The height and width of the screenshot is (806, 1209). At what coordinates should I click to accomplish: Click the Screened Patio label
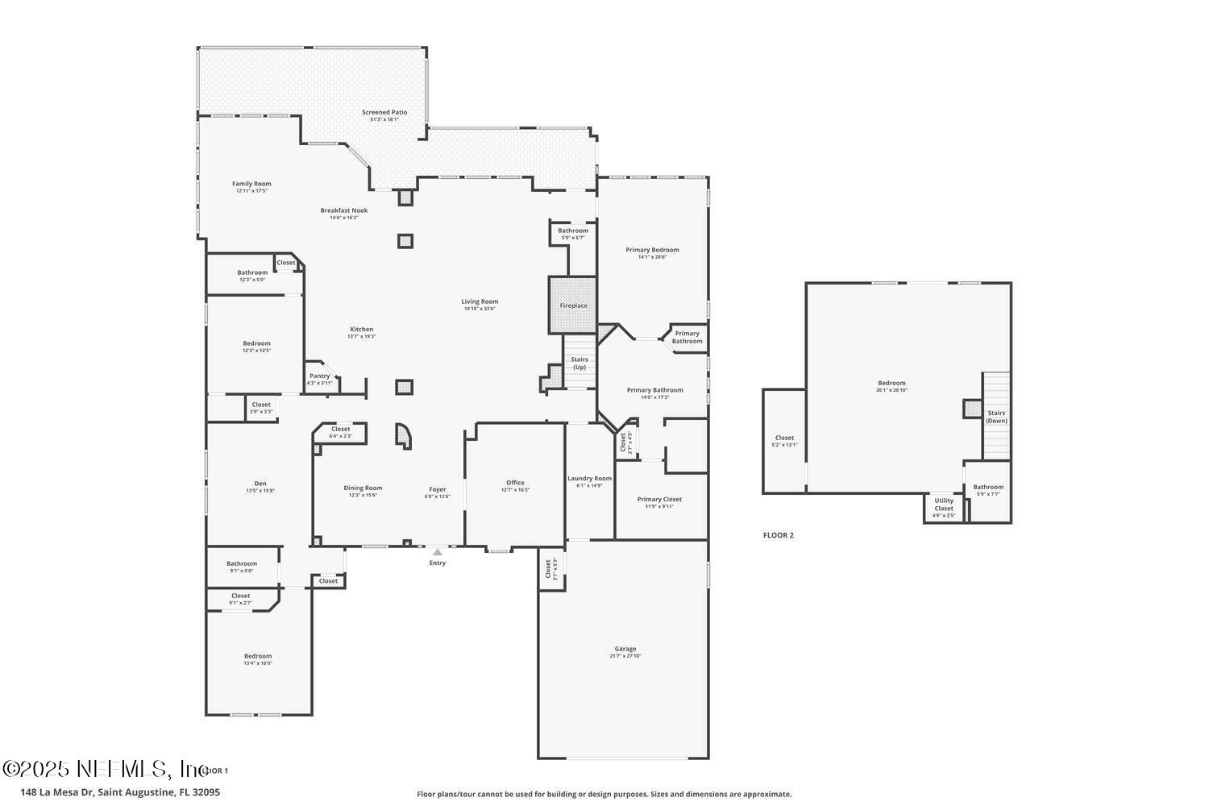pos(384,113)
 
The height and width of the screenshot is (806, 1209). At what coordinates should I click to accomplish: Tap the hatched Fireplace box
pos(573,305)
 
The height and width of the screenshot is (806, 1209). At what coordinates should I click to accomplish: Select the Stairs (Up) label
pos(579,364)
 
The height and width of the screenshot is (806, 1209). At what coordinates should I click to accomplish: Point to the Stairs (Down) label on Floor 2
pos(996,417)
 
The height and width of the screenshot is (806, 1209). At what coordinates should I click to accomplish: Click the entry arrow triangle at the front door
pos(437,552)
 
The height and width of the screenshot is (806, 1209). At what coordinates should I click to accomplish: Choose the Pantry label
pos(320,376)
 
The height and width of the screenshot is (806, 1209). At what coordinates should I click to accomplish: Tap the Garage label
pos(625,649)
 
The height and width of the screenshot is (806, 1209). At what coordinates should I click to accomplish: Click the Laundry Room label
pos(589,479)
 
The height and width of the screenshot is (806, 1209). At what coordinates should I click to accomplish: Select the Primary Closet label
pos(659,500)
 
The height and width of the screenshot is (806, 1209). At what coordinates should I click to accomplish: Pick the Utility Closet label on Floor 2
pos(944,505)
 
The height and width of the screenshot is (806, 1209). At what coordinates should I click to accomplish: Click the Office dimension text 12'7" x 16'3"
pos(515,490)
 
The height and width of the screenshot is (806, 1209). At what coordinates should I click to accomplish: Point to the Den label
pos(260,484)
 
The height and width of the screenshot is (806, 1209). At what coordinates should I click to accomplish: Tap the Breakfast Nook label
pos(344,210)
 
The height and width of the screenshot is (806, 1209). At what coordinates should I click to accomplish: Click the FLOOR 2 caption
pos(779,535)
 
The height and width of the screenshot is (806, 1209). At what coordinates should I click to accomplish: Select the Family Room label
pos(251,184)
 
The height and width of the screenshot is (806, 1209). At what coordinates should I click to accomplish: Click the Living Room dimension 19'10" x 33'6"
pos(480,309)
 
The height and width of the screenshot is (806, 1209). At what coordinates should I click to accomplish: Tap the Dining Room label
pos(363,488)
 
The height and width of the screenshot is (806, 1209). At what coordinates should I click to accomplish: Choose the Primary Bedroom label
pos(652,250)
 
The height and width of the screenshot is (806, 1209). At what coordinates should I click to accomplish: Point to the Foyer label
pos(437,489)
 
